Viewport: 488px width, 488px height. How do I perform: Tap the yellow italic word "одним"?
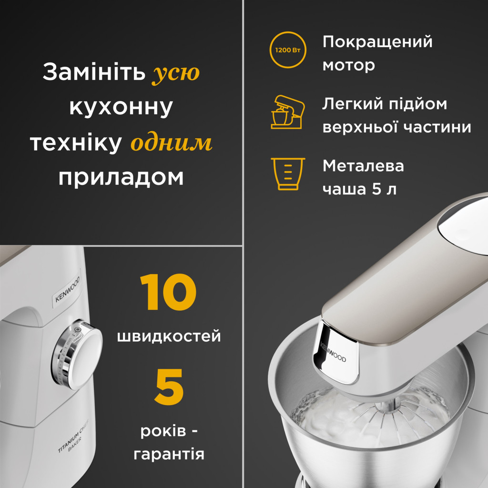click(171, 143)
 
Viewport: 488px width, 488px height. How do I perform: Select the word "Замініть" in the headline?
click(93, 73)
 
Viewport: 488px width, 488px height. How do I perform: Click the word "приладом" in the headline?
click(121, 178)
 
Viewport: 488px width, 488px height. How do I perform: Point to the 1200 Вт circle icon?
click(288, 50)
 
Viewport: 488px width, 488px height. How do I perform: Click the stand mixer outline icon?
click(287, 112)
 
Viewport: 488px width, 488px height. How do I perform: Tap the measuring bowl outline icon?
click(288, 173)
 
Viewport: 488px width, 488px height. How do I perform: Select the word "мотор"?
click(349, 65)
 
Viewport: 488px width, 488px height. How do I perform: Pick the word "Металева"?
click(363, 166)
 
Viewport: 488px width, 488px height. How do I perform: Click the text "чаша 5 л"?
click(359, 189)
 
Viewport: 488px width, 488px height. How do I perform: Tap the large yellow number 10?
click(168, 293)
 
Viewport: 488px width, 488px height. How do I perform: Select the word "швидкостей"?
click(169, 336)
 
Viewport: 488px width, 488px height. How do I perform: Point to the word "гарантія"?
click(169, 453)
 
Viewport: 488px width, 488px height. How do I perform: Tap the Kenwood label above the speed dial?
click(67, 291)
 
